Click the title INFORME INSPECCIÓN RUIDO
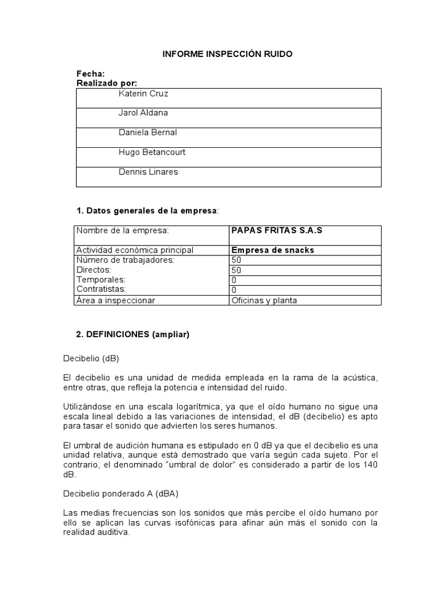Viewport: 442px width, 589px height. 227,54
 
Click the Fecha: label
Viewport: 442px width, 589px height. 91,74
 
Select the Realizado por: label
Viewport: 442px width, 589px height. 107,83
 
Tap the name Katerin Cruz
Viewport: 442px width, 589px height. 143,93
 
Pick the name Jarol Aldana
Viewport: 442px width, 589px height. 143,113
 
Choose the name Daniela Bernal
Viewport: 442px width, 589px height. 147,132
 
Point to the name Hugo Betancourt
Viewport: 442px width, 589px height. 152,152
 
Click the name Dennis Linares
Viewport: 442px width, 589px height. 147,171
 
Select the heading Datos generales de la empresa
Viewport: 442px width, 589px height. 147,211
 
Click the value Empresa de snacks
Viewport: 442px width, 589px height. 272,250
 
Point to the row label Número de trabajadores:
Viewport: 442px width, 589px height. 125,260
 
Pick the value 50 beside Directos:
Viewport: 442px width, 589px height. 236,270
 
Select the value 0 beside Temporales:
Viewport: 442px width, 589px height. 234,280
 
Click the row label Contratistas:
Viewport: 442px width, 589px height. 101,289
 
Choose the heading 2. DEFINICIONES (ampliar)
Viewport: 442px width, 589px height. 133,334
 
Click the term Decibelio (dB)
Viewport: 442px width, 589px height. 91,358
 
